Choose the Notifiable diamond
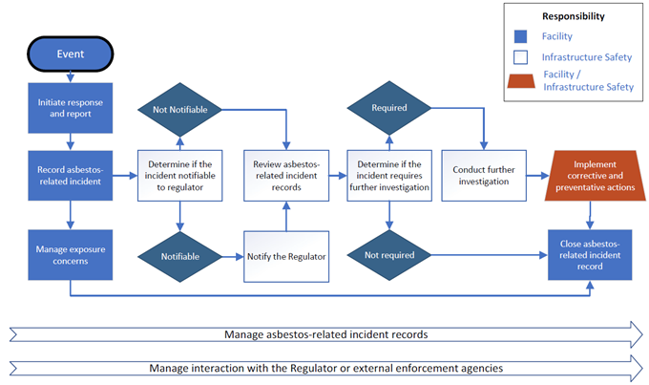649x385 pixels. [178, 256]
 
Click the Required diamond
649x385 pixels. [388, 108]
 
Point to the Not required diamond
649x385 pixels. [388, 256]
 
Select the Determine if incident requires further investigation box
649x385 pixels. [388, 174]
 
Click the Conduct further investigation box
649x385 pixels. [484, 174]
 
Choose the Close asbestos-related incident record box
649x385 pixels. [590, 255]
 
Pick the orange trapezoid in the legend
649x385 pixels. [523, 80]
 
